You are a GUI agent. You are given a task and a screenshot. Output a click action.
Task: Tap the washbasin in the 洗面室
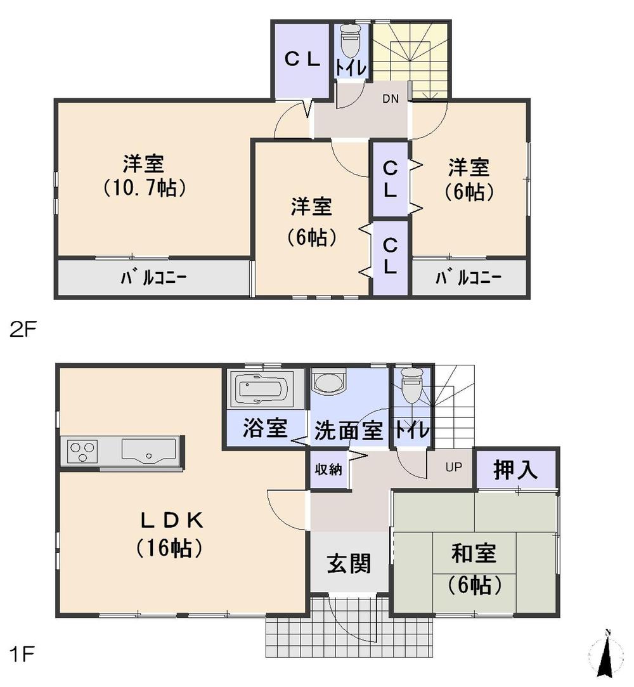(329, 383)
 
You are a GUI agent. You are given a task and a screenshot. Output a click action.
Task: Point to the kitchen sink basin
(148, 452)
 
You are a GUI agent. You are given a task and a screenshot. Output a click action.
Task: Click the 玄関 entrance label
(348, 563)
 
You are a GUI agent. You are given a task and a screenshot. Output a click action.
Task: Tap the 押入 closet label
(516, 469)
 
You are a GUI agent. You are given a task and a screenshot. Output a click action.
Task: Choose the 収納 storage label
(329, 470)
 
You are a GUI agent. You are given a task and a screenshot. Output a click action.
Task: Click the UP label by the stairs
(453, 468)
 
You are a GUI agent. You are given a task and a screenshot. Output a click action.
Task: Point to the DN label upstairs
(391, 98)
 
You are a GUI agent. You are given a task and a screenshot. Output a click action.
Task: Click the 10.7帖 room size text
(144, 188)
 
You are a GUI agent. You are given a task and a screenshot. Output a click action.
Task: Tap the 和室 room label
(473, 554)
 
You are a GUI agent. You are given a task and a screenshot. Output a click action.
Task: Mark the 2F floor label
(23, 330)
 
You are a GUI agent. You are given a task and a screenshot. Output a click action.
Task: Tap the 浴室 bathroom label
(265, 429)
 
